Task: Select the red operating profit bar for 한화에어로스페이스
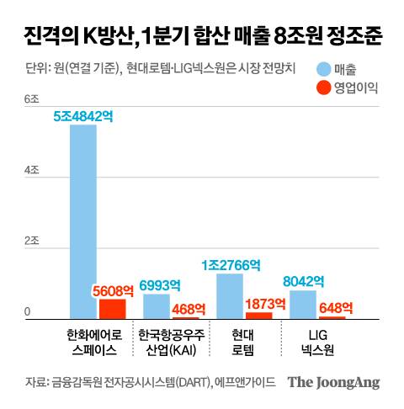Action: pyautogui.click(x=112, y=309)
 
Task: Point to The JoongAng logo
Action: pyautogui.click(x=333, y=382)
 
